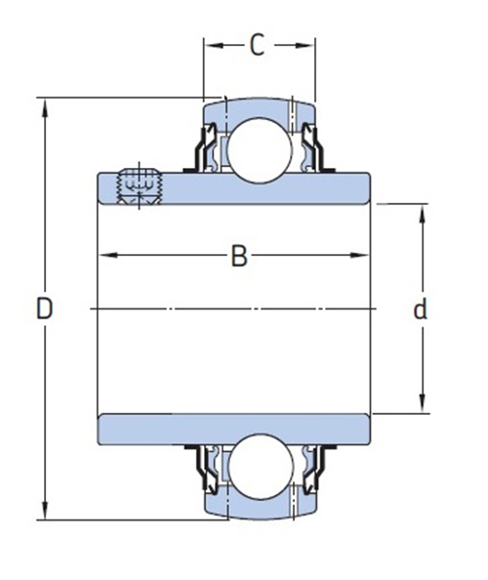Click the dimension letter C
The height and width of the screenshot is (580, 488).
point(258,45)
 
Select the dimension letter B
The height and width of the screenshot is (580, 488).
point(239,256)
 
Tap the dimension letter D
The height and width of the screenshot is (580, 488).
point(45,309)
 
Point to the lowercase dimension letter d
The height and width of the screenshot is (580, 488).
point(421,310)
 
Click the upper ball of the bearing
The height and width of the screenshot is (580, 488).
point(260,150)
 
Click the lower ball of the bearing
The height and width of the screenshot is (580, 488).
point(261,467)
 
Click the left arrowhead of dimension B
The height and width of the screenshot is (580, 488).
point(109,255)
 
